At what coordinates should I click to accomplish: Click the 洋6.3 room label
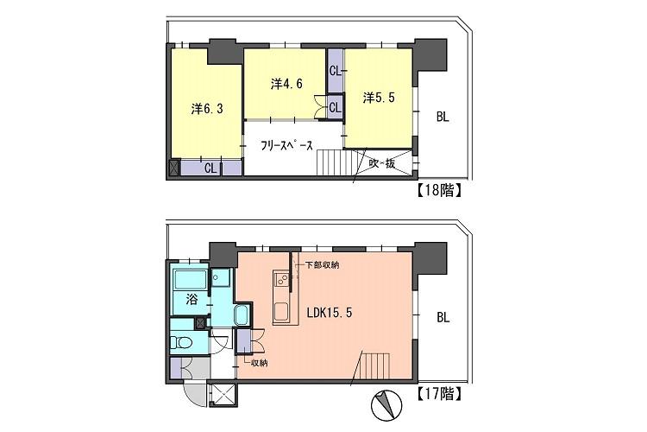click(207, 109)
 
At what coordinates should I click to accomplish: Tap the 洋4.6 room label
click(286, 84)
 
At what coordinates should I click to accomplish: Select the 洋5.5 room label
click(379, 98)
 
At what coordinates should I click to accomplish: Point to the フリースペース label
click(286, 145)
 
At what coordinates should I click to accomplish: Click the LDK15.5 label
click(330, 313)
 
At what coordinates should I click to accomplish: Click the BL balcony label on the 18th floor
click(443, 117)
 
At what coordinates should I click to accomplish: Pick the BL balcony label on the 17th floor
click(443, 317)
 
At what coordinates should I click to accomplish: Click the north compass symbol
click(386, 405)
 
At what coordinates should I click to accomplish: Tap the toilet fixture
click(181, 342)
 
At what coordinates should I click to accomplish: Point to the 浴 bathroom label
click(191, 300)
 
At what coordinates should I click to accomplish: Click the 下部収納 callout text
click(323, 264)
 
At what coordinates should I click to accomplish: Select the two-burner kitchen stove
click(282, 279)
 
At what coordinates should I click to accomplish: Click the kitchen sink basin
click(282, 311)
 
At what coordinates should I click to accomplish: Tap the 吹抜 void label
click(382, 163)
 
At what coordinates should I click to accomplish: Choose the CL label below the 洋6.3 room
click(210, 168)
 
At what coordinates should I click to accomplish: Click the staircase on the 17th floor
click(374, 365)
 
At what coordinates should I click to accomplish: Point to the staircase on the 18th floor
click(331, 162)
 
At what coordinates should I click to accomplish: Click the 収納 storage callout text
click(259, 363)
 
